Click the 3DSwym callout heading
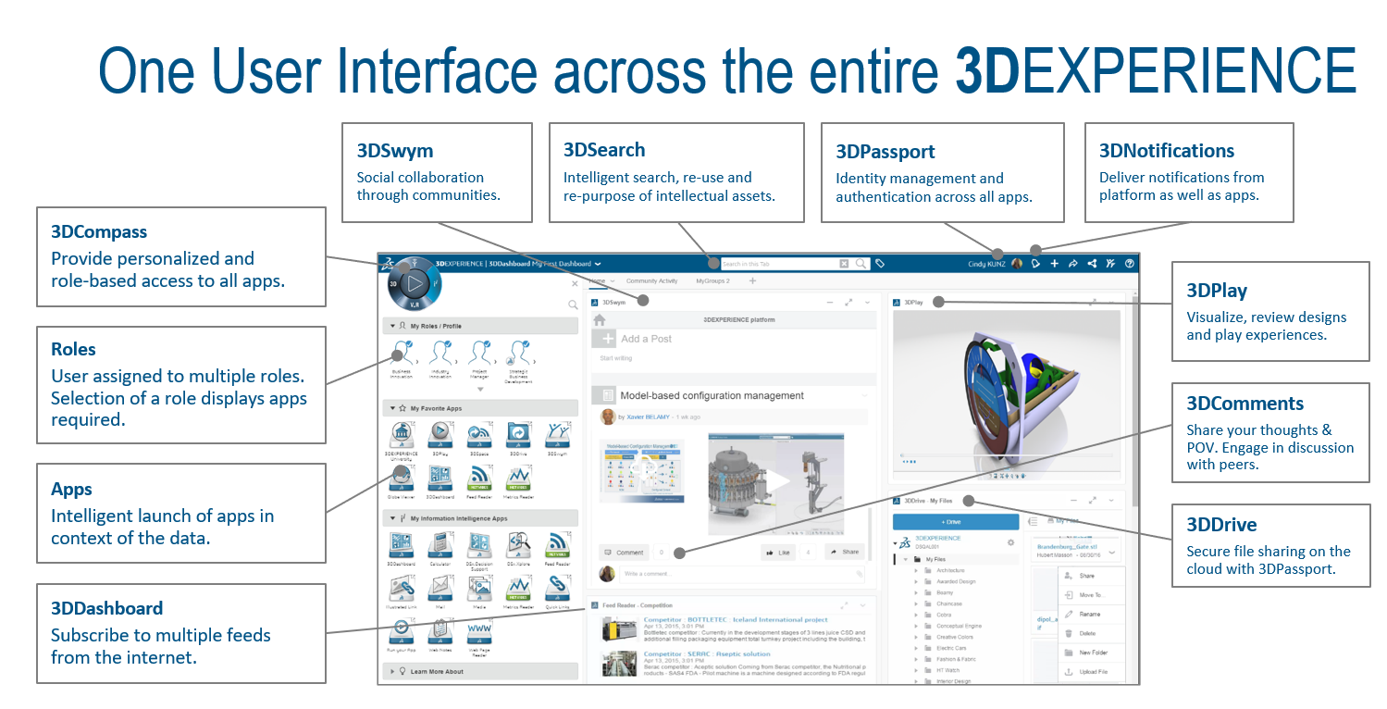(x=395, y=151)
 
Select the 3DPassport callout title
(x=885, y=152)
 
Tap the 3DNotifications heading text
(x=1167, y=151)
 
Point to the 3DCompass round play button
(x=415, y=283)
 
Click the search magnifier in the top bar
(x=861, y=264)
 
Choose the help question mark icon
(x=1129, y=264)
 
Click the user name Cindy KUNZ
(x=985, y=264)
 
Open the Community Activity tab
(x=651, y=280)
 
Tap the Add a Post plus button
(x=603, y=339)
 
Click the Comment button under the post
(x=624, y=553)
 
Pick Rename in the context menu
(x=1089, y=614)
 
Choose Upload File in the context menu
(x=1092, y=672)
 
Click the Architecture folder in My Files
(x=950, y=571)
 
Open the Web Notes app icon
(x=440, y=630)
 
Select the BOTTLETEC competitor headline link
(x=736, y=619)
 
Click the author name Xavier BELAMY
(x=647, y=417)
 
